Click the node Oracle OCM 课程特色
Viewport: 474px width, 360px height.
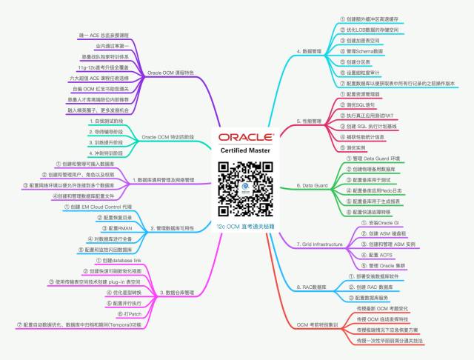(170, 73)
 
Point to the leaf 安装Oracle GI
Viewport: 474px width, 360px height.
(384, 221)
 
